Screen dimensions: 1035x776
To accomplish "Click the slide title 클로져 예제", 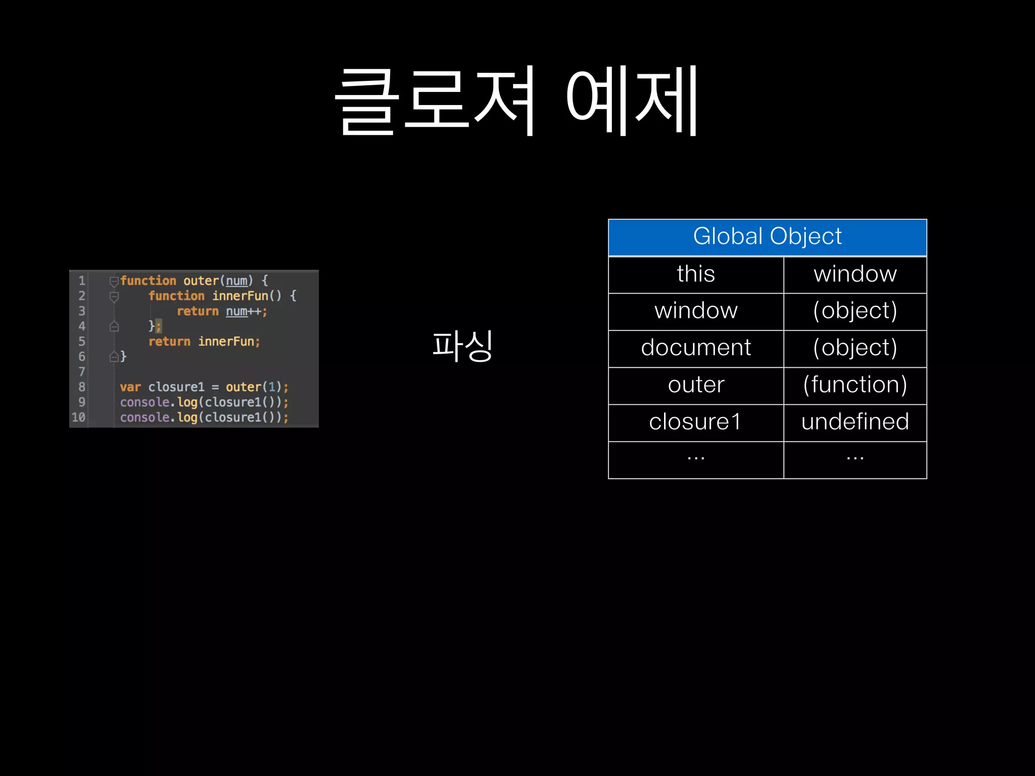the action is pos(516,101).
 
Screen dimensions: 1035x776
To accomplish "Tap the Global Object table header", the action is pos(767,237).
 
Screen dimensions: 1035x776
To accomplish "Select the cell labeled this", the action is pos(696,274).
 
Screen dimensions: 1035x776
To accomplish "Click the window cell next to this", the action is pos(855,274).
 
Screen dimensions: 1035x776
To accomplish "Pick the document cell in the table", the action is pos(696,348).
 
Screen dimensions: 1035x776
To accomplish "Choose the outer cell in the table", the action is pos(696,385).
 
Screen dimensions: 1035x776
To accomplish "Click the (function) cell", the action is pos(855,385).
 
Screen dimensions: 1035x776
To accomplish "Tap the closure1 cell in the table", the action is pos(696,422).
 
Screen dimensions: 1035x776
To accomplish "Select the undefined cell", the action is pos(855,422).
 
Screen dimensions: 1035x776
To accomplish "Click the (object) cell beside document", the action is pos(855,348).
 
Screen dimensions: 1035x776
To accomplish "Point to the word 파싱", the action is pos(462,346).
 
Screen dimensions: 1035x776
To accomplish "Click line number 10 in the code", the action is pos(78,417).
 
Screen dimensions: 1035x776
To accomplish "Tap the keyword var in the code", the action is pos(130,387).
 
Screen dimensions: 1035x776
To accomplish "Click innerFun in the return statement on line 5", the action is pos(226,342).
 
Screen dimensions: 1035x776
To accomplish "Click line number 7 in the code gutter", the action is pos(82,372).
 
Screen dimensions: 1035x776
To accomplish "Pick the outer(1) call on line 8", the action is pos(253,387).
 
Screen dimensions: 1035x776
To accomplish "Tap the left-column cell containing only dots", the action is pos(696,459).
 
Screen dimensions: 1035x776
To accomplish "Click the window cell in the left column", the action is pos(696,311).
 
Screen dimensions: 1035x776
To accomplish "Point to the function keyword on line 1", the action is pos(148,280).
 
